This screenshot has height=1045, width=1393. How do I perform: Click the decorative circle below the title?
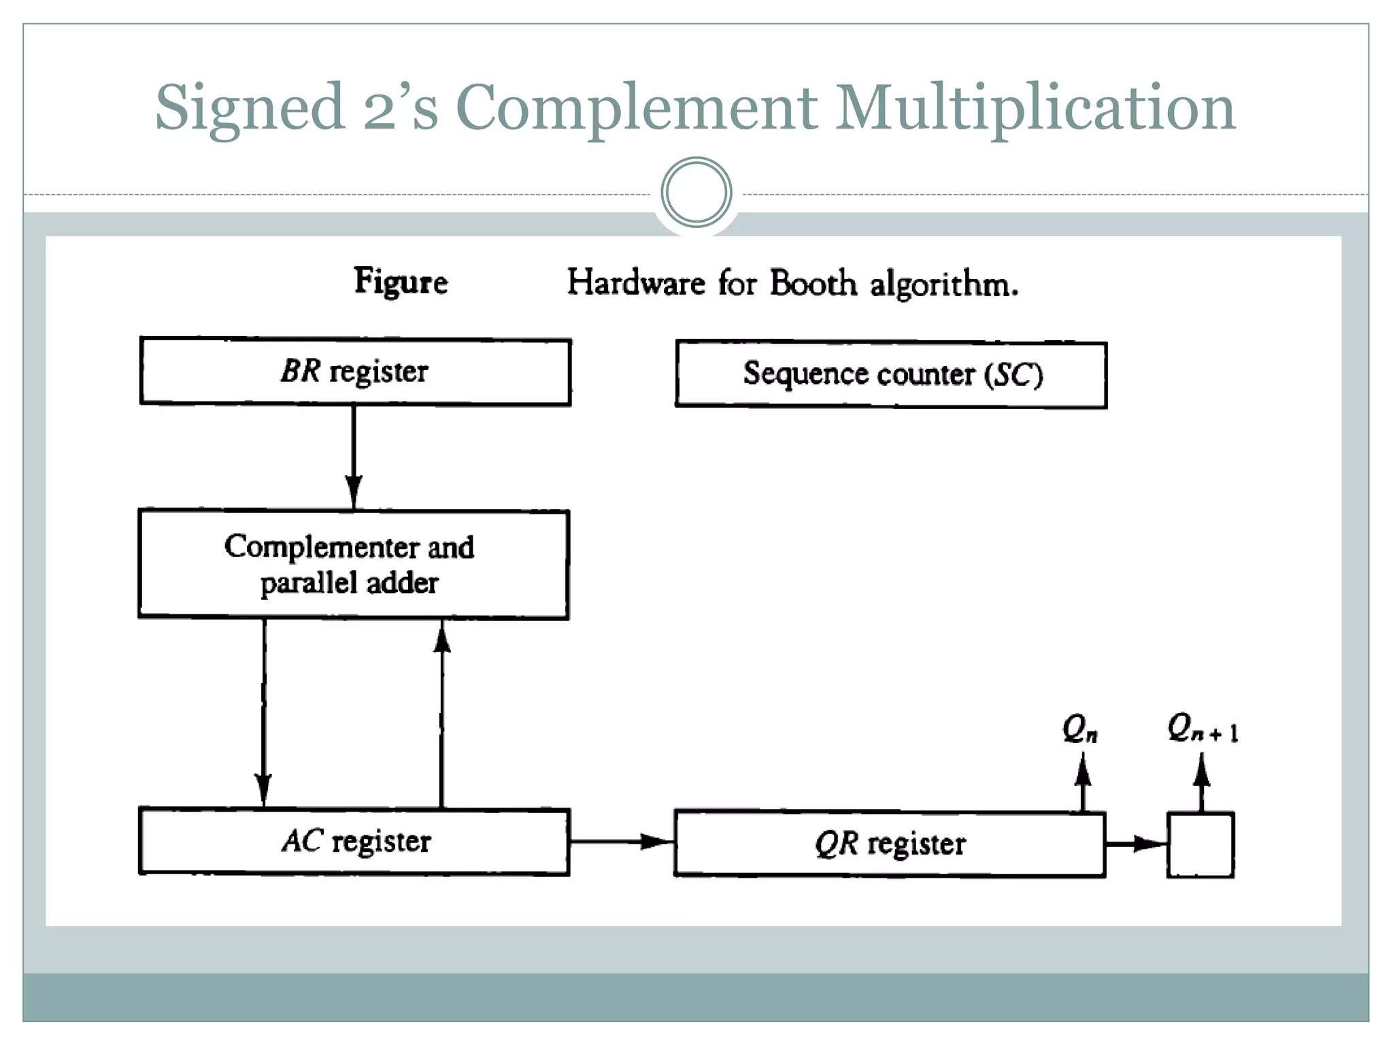pos(696,193)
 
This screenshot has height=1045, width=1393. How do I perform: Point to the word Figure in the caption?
pos(401,282)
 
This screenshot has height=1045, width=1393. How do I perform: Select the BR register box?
pos(355,371)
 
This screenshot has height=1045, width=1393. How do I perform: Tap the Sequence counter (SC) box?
pos(891,374)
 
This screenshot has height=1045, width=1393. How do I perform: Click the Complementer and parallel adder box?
pos(354,565)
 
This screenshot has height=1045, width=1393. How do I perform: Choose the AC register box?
pos(354,842)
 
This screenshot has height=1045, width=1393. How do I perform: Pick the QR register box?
pos(890,844)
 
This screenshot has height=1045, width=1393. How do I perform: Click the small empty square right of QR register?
pos(1201,845)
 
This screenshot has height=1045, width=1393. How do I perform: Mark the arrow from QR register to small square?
pos(1136,844)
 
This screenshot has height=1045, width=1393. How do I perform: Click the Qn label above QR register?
pos(1079,729)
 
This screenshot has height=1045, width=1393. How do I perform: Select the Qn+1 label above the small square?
pos(1202,728)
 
